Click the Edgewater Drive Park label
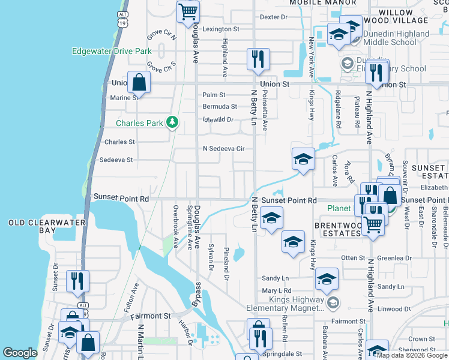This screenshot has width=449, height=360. click(x=111, y=52)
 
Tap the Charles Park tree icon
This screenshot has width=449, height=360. click(x=173, y=123)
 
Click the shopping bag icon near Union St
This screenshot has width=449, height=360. click(x=139, y=82)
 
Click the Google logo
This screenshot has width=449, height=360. click(x=20, y=353)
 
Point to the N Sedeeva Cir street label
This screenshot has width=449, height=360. click(x=224, y=148)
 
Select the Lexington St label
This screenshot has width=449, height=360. click(x=220, y=29)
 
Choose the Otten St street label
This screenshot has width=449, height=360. click(x=353, y=258)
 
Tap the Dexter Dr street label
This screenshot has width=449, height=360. click(x=274, y=17)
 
